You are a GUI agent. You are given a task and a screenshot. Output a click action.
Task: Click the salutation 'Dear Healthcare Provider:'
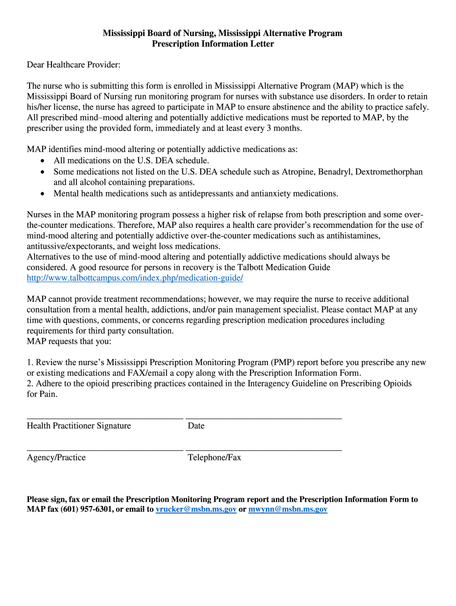[x=73, y=64]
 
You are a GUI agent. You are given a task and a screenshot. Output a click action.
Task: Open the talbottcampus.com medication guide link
[x=135, y=278]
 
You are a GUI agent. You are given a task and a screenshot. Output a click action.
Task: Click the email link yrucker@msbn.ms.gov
[x=195, y=509]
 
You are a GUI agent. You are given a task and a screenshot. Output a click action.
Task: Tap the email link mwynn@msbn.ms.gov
[x=288, y=509]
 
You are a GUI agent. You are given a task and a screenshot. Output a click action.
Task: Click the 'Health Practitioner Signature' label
[x=79, y=426]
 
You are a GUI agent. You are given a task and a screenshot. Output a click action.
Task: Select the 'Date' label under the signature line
[x=196, y=426]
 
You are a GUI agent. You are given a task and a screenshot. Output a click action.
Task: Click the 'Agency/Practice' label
[x=56, y=457]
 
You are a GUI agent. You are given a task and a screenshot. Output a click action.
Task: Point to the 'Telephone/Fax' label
[x=214, y=457]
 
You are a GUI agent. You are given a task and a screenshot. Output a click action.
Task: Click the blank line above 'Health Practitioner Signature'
[x=105, y=418]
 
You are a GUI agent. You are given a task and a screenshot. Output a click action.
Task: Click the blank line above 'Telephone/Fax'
[x=264, y=450]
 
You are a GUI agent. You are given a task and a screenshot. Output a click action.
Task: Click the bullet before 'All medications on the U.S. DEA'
[x=43, y=161]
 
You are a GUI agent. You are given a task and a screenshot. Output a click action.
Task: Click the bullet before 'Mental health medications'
[x=43, y=194]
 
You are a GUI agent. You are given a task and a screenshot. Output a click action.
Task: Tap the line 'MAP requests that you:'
[x=69, y=341]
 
